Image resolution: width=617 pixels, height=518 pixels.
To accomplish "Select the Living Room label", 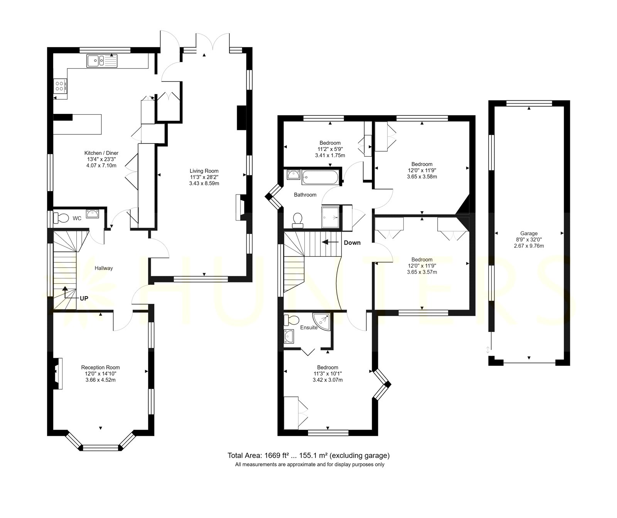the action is [x=204, y=171].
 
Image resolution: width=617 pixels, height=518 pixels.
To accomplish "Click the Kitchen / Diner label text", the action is [x=101, y=153].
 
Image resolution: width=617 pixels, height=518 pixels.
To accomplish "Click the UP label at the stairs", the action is [x=84, y=298].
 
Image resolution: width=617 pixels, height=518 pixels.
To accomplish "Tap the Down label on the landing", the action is [x=352, y=243].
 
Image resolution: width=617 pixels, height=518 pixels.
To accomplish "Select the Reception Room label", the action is [x=100, y=367].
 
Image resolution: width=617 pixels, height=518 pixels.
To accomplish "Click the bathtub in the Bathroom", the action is [x=321, y=177].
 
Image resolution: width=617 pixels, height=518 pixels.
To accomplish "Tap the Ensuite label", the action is [x=309, y=328].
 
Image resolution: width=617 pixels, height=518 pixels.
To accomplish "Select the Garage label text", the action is [x=529, y=234].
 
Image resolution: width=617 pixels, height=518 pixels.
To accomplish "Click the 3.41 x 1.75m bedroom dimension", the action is [x=330, y=156].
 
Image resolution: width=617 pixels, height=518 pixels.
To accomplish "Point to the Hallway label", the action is [x=104, y=268].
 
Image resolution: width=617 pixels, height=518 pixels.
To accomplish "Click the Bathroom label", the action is [x=305, y=195].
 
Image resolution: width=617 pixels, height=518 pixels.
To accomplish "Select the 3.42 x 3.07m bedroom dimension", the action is [x=327, y=380].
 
